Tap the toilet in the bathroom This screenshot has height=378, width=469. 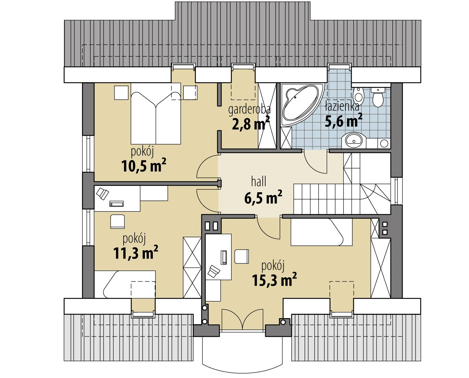pos(378,97)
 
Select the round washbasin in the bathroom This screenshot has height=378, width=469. pos(353,140)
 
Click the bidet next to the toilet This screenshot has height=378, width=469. pos(359,94)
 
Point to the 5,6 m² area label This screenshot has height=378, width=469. pos(343,121)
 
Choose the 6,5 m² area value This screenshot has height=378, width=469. pos(263,198)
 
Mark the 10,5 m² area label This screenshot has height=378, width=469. pos(143,167)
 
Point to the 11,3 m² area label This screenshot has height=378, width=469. pos(135,253)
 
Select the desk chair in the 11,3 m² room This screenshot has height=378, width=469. pos(117,221)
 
